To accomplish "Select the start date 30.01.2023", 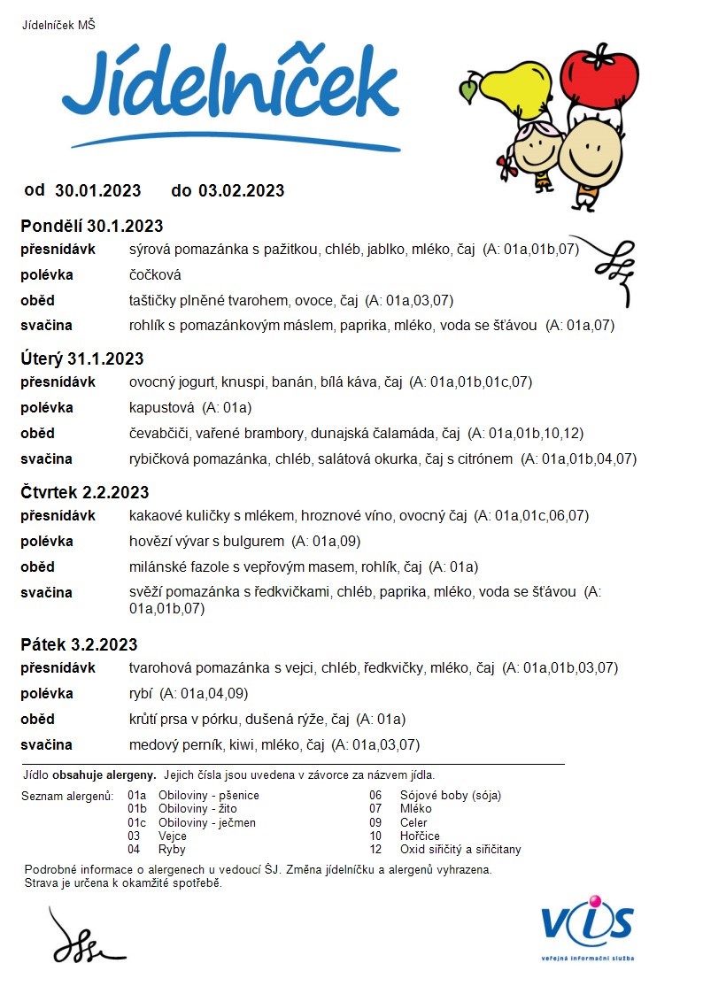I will coord(97,190).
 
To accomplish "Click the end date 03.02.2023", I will coord(241,190).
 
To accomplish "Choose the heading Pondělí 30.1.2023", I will coord(92,226).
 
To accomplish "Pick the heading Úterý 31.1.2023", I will coord(82,358).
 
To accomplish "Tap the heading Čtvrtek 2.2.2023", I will coord(85,492).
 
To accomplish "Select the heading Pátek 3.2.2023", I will coord(80,644).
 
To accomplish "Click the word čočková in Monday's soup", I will coord(155,275).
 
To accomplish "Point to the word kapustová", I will coord(161,408).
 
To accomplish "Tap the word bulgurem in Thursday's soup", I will coord(256,542).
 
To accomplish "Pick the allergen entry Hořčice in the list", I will coord(419,836).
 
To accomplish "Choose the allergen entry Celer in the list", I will coord(414,822).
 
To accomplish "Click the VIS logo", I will coord(587,925).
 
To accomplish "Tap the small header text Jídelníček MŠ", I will coord(58,25).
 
